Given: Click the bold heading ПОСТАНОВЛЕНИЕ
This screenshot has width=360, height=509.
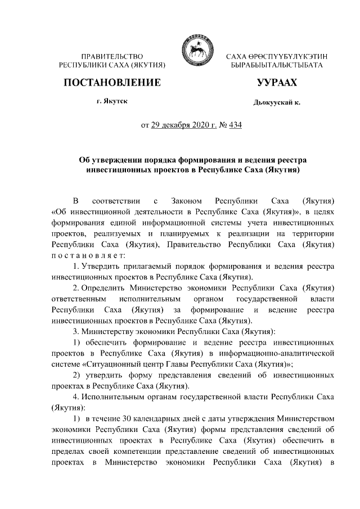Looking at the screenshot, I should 112,83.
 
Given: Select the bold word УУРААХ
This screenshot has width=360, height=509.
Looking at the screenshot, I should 277,83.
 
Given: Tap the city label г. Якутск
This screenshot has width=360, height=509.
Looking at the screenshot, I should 112,101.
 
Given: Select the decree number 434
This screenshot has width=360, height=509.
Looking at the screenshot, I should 234,125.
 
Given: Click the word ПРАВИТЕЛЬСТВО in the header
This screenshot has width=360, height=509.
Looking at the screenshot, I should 112,57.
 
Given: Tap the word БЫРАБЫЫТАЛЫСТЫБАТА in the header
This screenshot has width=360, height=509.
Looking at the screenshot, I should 277,66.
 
